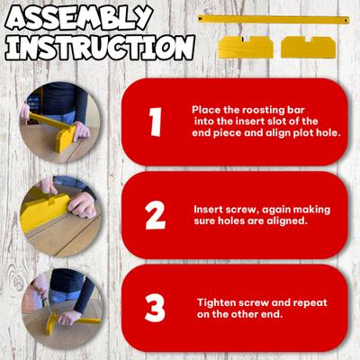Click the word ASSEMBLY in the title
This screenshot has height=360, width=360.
pos(79,18)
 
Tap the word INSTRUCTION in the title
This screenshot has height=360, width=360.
pos(100,47)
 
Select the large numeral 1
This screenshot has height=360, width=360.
pos(156,121)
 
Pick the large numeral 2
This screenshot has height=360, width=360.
pos(155,215)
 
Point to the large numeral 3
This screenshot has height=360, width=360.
pos(155,308)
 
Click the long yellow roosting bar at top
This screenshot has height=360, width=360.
pos(274,20)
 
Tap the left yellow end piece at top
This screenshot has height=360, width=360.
pos(246,47)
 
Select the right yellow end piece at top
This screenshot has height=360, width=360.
pos(309,47)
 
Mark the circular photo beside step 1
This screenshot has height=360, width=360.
pos(59,122)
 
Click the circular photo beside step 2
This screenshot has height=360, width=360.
pos(60,215)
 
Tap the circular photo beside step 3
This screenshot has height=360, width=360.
pos(61,309)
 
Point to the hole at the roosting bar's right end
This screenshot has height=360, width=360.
pos(346,21)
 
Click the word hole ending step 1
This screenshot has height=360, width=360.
pos(328,132)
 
